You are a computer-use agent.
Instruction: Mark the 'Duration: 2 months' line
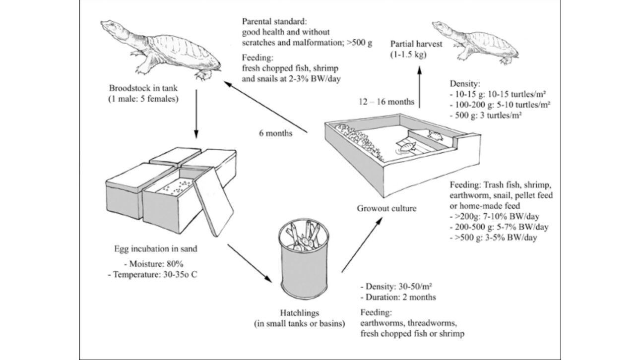tap(400, 298)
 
